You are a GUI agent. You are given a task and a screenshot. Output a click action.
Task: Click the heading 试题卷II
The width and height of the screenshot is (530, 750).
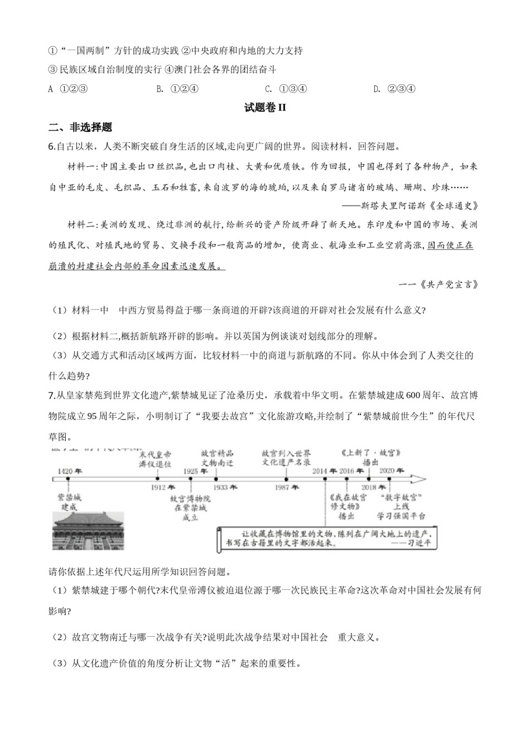pos(265,108)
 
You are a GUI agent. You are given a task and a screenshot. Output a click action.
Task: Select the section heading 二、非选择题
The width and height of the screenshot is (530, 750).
pos(80,127)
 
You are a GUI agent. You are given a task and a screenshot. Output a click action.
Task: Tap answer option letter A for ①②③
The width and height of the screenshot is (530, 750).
pos(51,89)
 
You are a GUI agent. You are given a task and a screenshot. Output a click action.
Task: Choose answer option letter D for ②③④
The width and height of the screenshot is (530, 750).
pos(377,89)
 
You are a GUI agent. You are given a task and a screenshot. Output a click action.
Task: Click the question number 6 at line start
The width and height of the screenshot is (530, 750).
pos(51,147)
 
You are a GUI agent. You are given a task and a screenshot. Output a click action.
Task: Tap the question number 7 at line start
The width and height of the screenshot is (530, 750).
pos(51,396)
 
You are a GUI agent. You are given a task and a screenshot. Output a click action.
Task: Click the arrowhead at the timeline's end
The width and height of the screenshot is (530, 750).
pos(420,479)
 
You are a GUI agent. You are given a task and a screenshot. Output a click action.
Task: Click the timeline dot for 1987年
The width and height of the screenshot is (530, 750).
pos(286,479)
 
